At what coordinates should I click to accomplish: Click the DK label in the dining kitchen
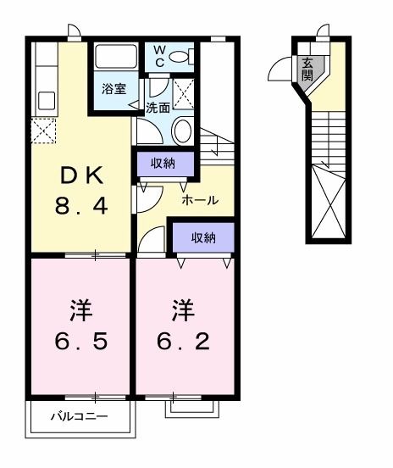(x=82, y=176)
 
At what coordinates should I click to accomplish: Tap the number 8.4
(x=82, y=206)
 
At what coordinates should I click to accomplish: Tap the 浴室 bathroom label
(x=113, y=88)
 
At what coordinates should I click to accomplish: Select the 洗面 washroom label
(x=158, y=109)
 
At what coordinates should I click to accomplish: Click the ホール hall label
(x=200, y=201)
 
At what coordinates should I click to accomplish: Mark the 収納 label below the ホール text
(x=202, y=238)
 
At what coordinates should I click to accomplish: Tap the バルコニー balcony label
(x=78, y=417)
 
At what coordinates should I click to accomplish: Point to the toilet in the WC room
(x=180, y=57)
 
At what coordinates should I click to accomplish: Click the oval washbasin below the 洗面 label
(x=181, y=132)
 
